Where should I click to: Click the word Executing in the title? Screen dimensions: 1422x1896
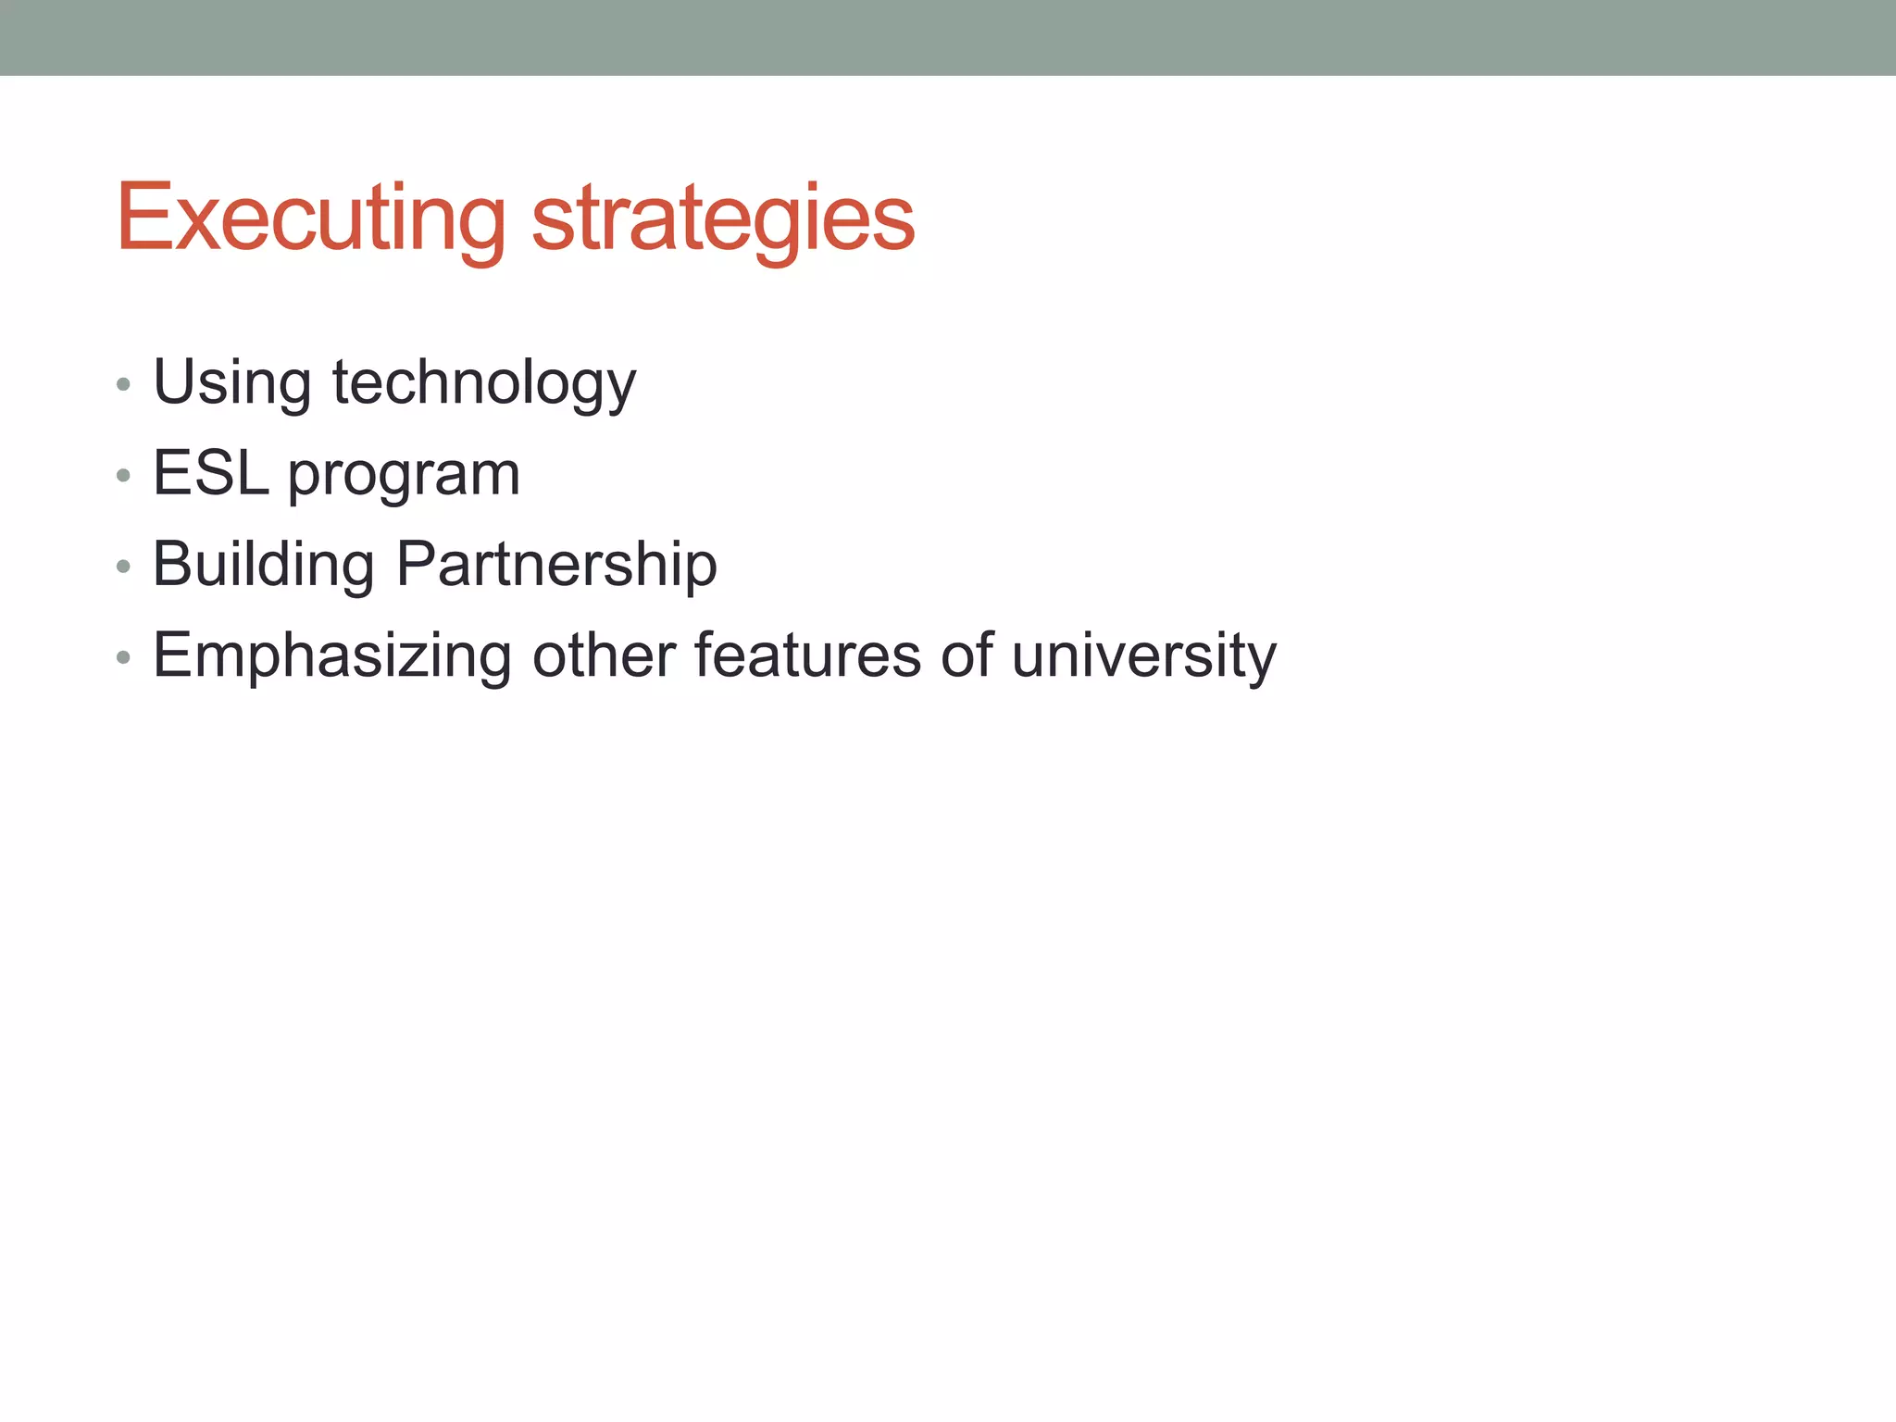pos(310,218)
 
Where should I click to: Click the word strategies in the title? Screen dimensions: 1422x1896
pos(723,218)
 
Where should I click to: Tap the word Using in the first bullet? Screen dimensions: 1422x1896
pos(231,382)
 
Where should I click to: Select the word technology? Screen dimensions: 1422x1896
pos(484,382)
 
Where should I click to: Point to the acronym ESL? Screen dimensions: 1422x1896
pos(211,473)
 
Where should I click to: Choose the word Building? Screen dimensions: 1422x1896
pos(263,564)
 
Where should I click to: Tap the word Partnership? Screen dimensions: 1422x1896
pos(556,564)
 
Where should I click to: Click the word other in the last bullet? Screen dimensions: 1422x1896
pos(604,655)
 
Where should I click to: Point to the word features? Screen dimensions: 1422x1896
pos(806,655)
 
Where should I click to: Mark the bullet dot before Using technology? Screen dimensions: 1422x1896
pos(123,384)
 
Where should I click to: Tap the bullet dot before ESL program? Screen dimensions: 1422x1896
pos(123,476)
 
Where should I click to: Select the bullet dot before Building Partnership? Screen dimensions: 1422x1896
pos(123,567)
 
